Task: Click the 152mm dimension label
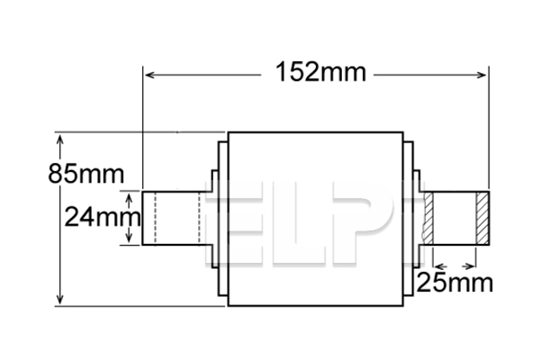[316, 73]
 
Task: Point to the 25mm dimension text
[454, 283]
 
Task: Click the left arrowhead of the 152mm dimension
[149, 75]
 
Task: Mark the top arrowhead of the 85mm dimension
[60, 140]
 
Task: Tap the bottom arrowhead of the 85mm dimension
[60, 299]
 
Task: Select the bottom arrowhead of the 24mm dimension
[130, 238]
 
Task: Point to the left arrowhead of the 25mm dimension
[437, 266]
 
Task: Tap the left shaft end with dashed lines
[171, 218]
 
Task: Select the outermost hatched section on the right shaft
[482, 218]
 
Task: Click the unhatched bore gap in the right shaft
[463, 218]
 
